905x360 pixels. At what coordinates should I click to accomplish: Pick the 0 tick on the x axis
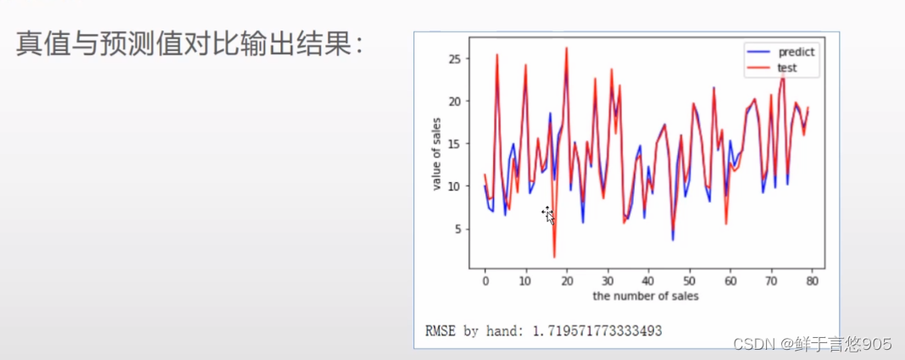485,281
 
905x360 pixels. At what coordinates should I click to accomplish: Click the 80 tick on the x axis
812,281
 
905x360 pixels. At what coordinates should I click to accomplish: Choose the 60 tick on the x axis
730,281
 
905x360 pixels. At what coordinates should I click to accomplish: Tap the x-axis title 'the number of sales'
645,296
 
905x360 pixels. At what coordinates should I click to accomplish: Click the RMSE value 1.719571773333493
597,331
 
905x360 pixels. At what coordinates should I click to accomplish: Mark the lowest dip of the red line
554,258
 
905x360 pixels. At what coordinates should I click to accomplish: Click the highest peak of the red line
567,47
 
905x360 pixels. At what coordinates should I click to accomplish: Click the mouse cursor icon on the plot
547,214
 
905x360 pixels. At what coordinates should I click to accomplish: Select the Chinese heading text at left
190,44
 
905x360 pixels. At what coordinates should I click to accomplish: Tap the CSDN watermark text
813,345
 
